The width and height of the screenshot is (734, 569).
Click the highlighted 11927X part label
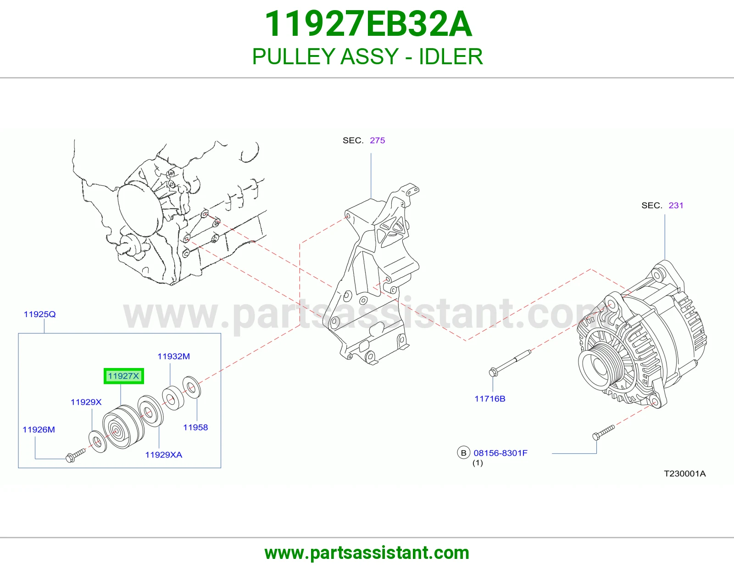pos(123,376)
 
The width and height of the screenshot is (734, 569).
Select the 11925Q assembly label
pos(39,314)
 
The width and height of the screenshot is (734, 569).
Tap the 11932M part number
pos(173,357)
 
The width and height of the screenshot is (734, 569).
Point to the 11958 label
pos(195,427)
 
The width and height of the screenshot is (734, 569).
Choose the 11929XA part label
pos(163,455)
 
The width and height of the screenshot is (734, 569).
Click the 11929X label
pos(86,402)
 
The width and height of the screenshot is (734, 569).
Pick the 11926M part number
pos(39,430)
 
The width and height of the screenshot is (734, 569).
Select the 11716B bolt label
pos(490,399)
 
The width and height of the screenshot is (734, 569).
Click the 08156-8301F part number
pos(500,453)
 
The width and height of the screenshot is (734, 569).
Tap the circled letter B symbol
pos(463,453)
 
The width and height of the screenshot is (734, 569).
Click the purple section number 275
pos(377,140)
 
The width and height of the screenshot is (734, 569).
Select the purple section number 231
pos(676,206)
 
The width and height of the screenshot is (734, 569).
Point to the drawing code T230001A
pos(684,474)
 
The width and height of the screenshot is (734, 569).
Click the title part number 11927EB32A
pos(368,24)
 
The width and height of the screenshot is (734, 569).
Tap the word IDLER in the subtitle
pos(451,56)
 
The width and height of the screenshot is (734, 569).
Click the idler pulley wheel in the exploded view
pos(123,426)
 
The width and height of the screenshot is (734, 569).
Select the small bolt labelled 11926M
pos(76,455)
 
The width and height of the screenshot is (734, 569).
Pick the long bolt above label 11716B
pos(510,363)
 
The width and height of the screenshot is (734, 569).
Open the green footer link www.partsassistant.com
pos(367,553)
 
